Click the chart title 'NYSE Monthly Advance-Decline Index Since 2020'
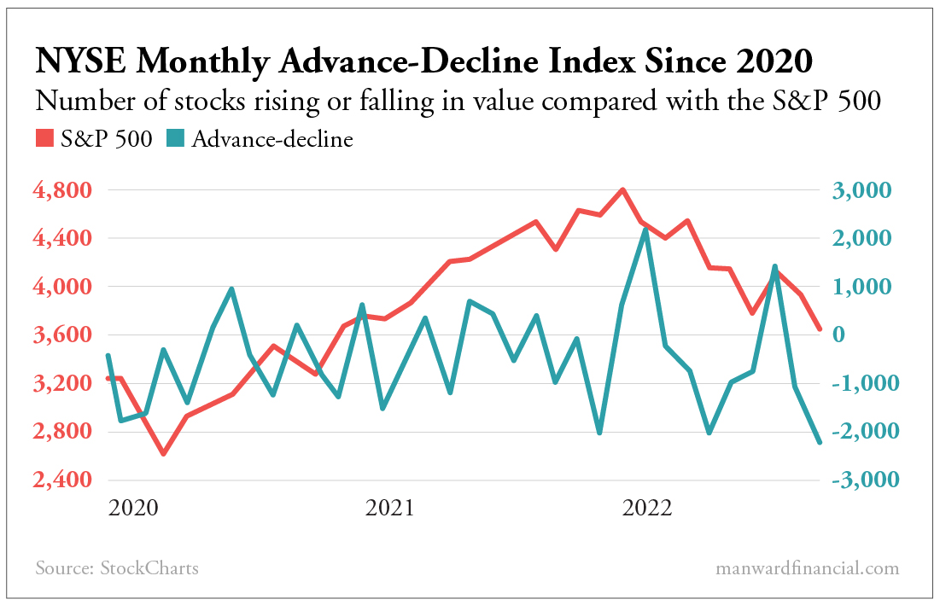[423, 61]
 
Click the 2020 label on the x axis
[134, 509]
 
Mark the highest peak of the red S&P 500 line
[622, 189]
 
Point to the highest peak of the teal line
[645, 230]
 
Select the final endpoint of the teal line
[820, 442]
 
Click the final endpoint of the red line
[820, 329]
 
